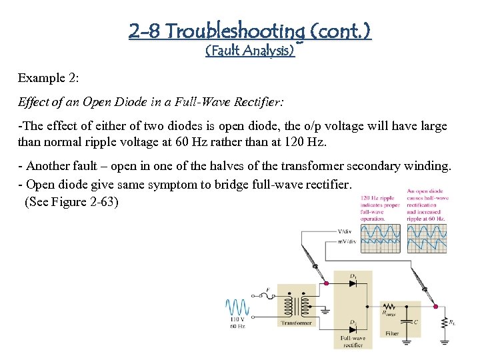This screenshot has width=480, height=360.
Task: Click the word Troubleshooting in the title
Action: (x=236, y=31)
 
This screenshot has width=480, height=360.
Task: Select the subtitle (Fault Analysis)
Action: (x=250, y=50)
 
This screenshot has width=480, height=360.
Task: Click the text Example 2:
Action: (x=49, y=78)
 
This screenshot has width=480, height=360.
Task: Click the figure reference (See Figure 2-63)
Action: (x=71, y=201)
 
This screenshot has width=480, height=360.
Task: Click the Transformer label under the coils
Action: (x=296, y=323)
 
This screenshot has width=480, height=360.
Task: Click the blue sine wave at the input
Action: (x=237, y=307)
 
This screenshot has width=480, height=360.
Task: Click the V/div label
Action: (x=347, y=231)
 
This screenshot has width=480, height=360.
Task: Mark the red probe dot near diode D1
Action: (x=326, y=283)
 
